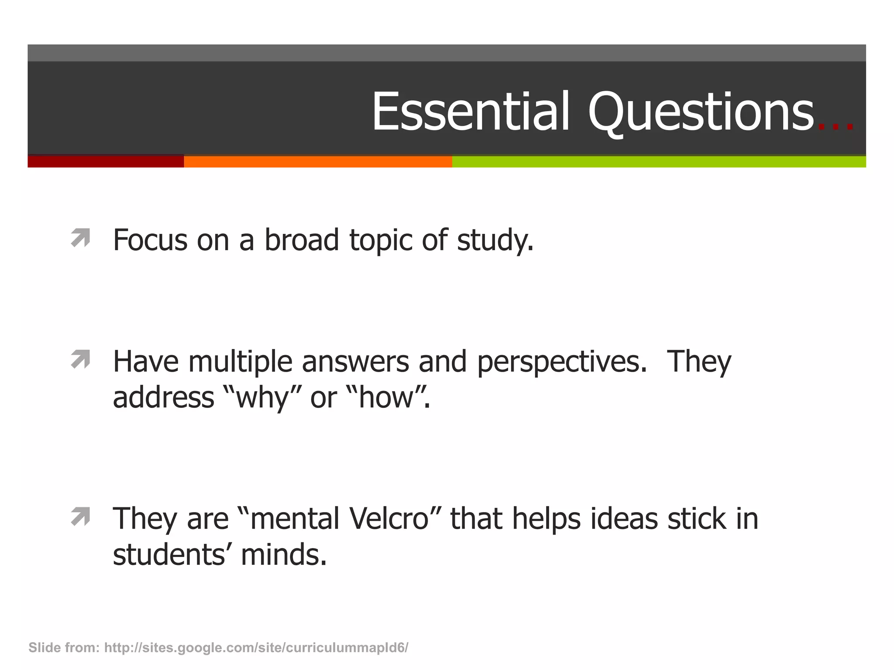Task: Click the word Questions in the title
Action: [x=701, y=112]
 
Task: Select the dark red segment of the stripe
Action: [x=106, y=162]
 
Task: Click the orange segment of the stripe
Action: [x=318, y=162]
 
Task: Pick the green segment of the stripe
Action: [x=659, y=162]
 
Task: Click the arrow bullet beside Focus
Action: [x=80, y=238]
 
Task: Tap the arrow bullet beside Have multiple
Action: [x=80, y=359]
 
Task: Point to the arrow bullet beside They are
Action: [x=80, y=516]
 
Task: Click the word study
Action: [x=495, y=241]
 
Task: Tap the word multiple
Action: [x=241, y=362]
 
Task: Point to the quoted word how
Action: [x=386, y=397]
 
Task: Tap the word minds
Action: [x=283, y=555]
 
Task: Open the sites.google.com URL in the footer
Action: [x=256, y=648]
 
